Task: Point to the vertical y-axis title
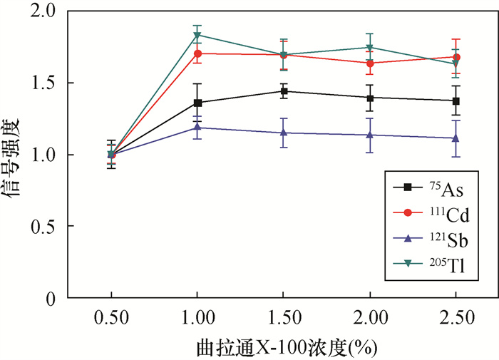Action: pos(16,155)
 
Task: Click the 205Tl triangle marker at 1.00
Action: pos(197,35)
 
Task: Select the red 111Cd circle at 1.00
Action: pos(197,53)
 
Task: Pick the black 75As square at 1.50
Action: pos(284,91)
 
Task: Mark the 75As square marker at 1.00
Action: pos(197,103)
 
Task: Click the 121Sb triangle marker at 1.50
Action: pos(284,133)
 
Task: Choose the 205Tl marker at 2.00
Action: pos(370,48)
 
